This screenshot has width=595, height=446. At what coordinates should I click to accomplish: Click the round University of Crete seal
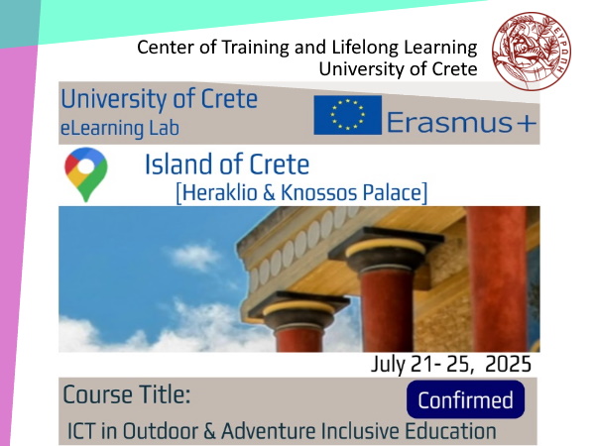pos(532,52)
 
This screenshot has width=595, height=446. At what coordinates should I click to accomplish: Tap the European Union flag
pos(348,115)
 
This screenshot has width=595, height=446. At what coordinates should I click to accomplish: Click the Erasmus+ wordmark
pos(461,123)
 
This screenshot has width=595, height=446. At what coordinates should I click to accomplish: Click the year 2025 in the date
pos(508,365)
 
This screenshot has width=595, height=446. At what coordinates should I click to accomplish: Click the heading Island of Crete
pos(227,165)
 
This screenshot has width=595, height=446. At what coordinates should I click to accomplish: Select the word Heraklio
pos(216,192)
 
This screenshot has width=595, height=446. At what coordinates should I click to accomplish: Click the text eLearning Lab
pos(120,128)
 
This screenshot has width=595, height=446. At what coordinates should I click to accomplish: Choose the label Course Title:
pos(126,394)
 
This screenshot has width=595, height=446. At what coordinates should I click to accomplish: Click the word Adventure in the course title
pos(269,431)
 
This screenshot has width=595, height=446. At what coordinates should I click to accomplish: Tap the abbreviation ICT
pos(81,431)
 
